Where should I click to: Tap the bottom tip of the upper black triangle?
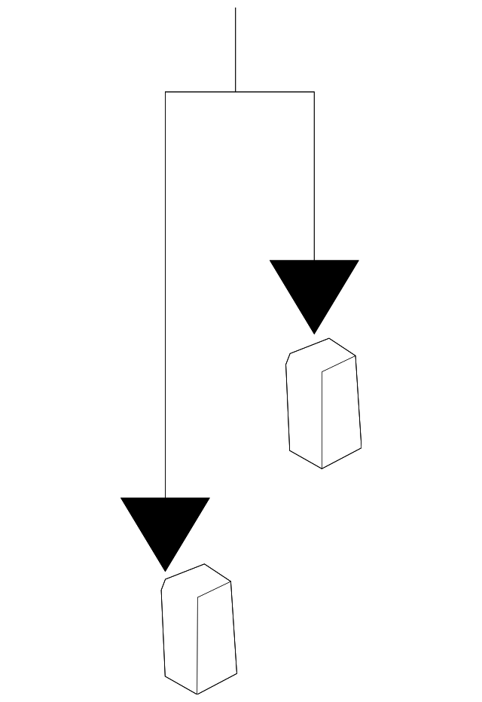pos(314,333)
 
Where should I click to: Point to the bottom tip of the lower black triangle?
pos(165,570)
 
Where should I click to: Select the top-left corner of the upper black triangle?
pos(270,261)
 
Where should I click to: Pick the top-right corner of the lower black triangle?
pos(209,498)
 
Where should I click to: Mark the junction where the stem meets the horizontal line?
pos(236,92)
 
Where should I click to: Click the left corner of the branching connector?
pos(166,92)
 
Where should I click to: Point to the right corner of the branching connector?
pos(314,92)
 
